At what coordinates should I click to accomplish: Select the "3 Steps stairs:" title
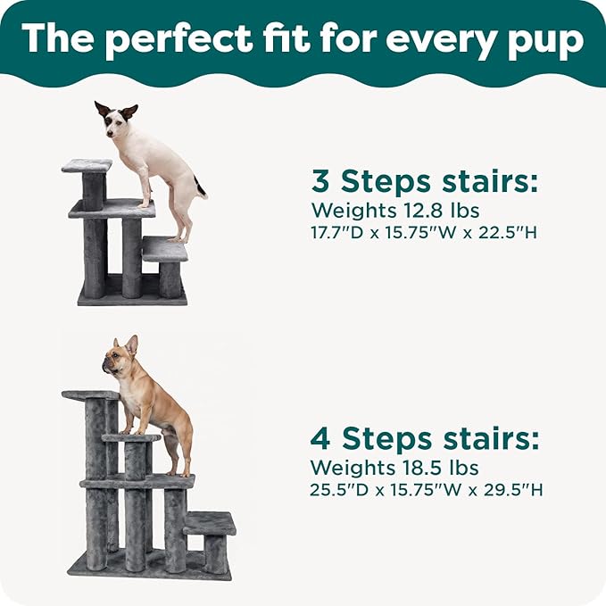coord(424,181)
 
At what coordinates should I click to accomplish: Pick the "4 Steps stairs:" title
coord(424,438)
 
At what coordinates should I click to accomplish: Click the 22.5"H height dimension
coord(508,233)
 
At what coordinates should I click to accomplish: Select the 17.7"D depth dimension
coord(337,233)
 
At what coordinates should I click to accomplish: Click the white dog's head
coord(115,120)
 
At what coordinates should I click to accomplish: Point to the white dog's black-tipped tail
coord(200,187)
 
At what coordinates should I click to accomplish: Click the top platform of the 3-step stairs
coord(87,165)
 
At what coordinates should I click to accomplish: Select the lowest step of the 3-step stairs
coord(165,249)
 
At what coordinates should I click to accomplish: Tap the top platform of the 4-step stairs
coord(91,395)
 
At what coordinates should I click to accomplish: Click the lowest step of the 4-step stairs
coord(209,523)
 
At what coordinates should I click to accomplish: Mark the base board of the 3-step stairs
coord(133,297)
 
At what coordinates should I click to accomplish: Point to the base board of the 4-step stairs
coord(150,565)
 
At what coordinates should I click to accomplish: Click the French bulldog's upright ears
coord(127,344)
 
